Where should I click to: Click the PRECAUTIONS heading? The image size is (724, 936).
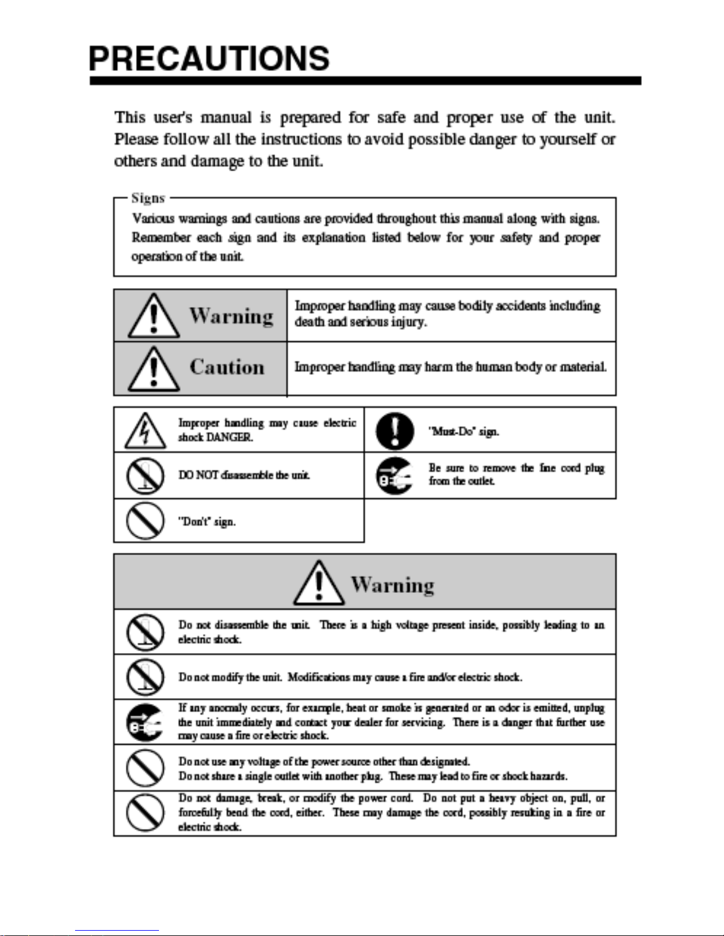tap(209, 59)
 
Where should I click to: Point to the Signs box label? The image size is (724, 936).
tap(148, 198)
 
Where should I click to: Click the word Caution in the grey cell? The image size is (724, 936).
tap(227, 367)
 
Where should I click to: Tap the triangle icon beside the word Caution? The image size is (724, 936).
tap(154, 368)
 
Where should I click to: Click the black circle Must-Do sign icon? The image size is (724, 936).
tap(394, 431)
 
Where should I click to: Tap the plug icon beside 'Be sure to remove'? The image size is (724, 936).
tap(394, 476)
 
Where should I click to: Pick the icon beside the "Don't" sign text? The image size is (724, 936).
tap(145, 521)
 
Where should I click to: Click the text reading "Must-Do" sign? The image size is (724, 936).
tap(464, 432)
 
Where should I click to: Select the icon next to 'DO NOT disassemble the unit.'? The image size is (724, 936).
tap(145, 476)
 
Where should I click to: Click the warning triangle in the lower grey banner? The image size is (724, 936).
tap(319, 583)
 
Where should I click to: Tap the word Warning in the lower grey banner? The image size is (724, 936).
tap(392, 585)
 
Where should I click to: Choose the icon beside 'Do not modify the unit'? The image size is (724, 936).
tap(145, 677)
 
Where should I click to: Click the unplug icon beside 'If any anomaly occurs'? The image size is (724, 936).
tap(145, 722)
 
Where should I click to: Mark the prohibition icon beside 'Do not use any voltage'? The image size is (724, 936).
tap(145, 768)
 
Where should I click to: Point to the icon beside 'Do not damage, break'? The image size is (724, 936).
tap(145, 813)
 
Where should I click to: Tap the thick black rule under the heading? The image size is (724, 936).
tap(365, 81)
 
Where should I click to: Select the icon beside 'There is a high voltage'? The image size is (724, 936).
tap(145, 632)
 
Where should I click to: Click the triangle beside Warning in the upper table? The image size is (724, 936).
tap(154, 317)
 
